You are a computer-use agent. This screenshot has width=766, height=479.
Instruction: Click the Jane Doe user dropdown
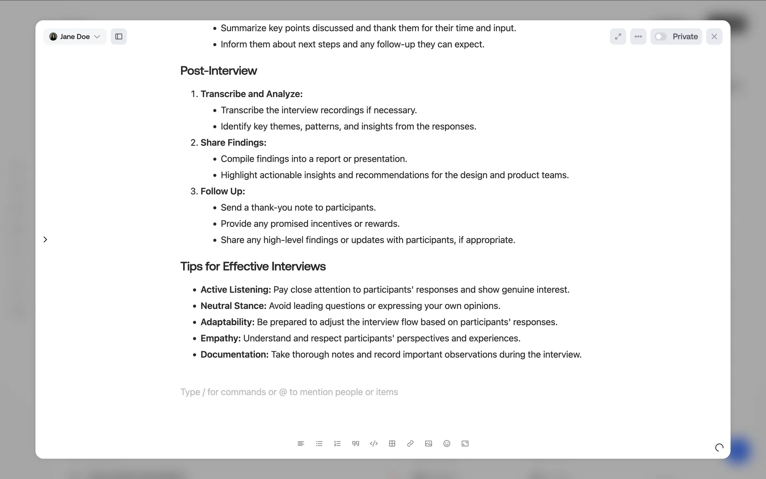pyautogui.click(x=75, y=37)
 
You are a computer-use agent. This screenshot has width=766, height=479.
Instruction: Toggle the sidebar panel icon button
pyautogui.click(x=119, y=37)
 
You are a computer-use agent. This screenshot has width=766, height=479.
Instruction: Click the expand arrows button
pyautogui.click(x=618, y=37)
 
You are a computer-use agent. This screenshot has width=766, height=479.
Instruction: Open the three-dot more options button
pyautogui.click(x=638, y=37)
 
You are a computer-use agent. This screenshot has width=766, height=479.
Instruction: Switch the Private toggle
pyautogui.click(x=661, y=37)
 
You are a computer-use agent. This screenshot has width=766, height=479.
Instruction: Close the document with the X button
pyautogui.click(x=714, y=37)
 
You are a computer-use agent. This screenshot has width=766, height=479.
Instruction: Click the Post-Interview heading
pyautogui.click(x=218, y=71)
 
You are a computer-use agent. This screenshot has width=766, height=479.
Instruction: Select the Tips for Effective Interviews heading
pyautogui.click(x=253, y=266)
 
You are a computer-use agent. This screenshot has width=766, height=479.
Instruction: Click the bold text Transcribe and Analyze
pyautogui.click(x=251, y=94)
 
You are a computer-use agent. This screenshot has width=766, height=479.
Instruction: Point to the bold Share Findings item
pyautogui.click(x=233, y=143)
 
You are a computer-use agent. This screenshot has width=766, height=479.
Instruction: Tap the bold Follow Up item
pyautogui.click(x=222, y=191)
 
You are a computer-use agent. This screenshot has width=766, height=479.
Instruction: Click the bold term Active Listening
pyautogui.click(x=235, y=289)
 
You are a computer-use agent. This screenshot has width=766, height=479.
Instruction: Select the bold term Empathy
pyautogui.click(x=220, y=338)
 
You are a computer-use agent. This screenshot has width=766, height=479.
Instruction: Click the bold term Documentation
pyautogui.click(x=234, y=354)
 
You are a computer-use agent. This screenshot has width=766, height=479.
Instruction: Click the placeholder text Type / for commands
pyautogui.click(x=289, y=392)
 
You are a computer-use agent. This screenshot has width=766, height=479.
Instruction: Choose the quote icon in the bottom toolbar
pyautogui.click(x=355, y=443)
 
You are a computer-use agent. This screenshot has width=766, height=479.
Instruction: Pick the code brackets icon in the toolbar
pyautogui.click(x=374, y=443)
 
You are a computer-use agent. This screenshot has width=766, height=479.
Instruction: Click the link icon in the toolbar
pyautogui.click(x=410, y=443)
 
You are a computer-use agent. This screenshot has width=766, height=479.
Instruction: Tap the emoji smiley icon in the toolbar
pyautogui.click(x=447, y=443)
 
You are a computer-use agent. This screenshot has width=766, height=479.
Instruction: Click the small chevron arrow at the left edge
pyautogui.click(x=45, y=239)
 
